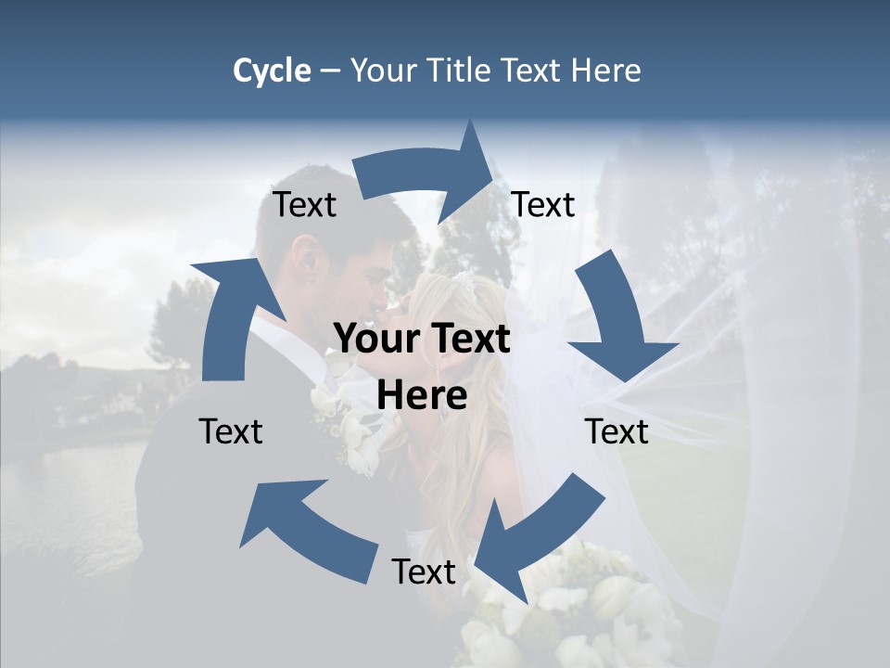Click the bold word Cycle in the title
coord(272,71)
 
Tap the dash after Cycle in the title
coord(330,71)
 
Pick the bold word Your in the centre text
coord(375,340)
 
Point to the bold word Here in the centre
coord(422,396)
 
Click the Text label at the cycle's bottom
coord(424,572)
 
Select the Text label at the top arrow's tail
coord(304,205)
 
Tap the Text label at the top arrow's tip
coord(543,205)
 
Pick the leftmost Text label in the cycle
coord(231,431)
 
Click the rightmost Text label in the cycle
coord(617,431)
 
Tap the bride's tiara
coord(463,278)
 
